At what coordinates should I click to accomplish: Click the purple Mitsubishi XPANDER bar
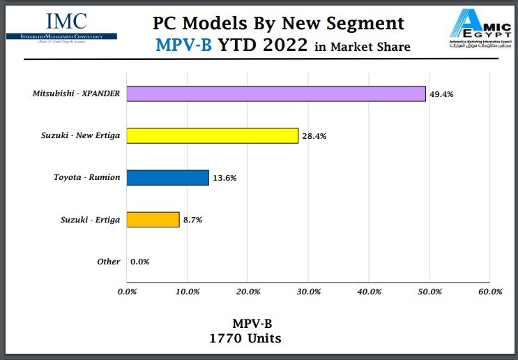tap(276, 93)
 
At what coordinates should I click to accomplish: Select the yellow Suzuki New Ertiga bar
tap(213, 135)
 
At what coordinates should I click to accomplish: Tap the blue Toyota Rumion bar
tap(168, 177)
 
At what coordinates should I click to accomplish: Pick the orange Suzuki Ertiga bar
tap(153, 220)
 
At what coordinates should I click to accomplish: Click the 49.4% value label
tap(442, 94)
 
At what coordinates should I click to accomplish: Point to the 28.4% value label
tap(314, 136)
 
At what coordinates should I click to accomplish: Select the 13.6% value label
tap(225, 178)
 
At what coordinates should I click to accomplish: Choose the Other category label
tap(108, 262)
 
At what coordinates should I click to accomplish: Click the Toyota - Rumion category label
tap(86, 177)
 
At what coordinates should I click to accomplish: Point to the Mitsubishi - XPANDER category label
tap(76, 93)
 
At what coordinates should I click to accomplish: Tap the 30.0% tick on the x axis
tap(309, 292)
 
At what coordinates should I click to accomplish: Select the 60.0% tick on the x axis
tap(490, 292)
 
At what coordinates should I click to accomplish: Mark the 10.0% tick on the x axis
tap(188, 292)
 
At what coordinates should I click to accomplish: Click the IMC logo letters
tap(66, 22)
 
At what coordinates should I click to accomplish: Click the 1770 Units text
tap(245, 338)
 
